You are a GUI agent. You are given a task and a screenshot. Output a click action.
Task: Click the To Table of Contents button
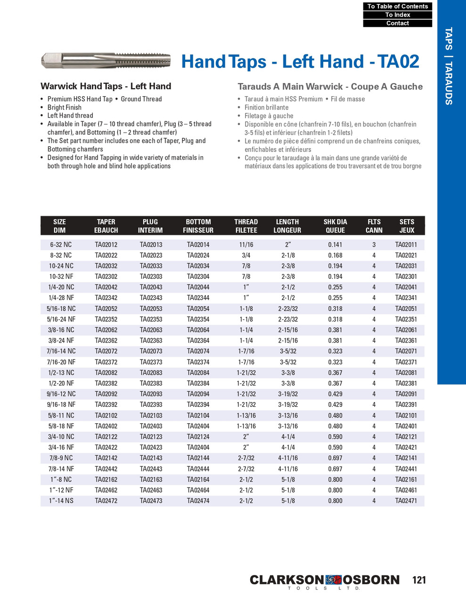tap(397, 6)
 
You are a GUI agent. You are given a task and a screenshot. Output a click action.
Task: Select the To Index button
tap(397, 15)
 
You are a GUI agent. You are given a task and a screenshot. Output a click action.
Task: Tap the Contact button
tap(397, 23)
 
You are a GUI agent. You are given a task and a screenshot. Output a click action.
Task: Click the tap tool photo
tap(106, 60)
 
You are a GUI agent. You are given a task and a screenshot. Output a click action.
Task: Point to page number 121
tap(418, 580)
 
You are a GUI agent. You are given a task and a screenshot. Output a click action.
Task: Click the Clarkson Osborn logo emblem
tap(333, 580)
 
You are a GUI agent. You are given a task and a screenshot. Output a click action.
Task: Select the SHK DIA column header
tap(335, 226)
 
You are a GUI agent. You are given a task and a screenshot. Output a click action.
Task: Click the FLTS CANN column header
tap(374, 226)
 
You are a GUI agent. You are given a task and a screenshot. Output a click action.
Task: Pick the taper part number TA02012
tap(106, 244)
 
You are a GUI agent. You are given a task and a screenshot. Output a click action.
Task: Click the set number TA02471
tap(406, 501)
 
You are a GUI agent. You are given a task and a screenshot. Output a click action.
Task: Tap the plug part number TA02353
tap(151, 319)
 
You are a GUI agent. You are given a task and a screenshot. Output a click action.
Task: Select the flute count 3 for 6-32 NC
tap(374, 244)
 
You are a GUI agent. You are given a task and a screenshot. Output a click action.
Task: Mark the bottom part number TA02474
tap(198, 501)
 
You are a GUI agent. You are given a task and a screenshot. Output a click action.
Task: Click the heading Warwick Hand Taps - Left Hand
tap(106, 86)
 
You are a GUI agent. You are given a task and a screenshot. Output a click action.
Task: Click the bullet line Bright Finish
tap(65, 107)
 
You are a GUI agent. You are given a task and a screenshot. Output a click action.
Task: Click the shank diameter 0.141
tap(335, 244)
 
